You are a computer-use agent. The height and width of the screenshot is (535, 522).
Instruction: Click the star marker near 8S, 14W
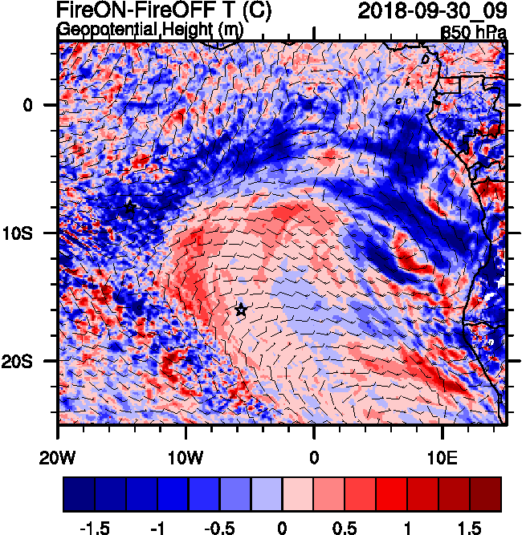pyautogui.click(x=130, y=208)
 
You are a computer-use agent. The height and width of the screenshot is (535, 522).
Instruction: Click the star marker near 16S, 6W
pyautogui.click(x=241, y=310)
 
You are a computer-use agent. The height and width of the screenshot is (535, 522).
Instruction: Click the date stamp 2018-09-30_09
pyautogui.click(x=430, y=12)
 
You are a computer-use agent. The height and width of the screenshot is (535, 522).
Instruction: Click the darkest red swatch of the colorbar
pyautogui.click(x=486, y=494)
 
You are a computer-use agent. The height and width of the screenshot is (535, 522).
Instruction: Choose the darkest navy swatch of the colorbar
pyautogui.click(x=79, y=494)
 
